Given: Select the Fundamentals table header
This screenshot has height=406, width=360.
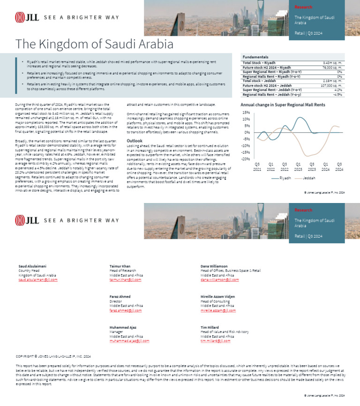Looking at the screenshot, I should (x=253, y=57).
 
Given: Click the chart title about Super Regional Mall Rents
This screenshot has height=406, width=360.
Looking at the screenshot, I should (x=283, y=105).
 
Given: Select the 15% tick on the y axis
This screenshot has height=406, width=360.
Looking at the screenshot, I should (x=246, y=113).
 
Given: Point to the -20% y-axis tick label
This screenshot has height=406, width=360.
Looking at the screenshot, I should (x=246, y=159).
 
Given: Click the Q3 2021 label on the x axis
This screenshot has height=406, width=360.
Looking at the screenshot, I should (x=257, y=166).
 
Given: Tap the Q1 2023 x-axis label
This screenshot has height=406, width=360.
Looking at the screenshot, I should (x=298, y=166).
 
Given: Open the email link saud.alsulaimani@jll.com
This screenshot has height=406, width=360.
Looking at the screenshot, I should (x=38, y=280).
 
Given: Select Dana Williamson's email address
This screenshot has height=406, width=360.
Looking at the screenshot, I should (x=219, y=280).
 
